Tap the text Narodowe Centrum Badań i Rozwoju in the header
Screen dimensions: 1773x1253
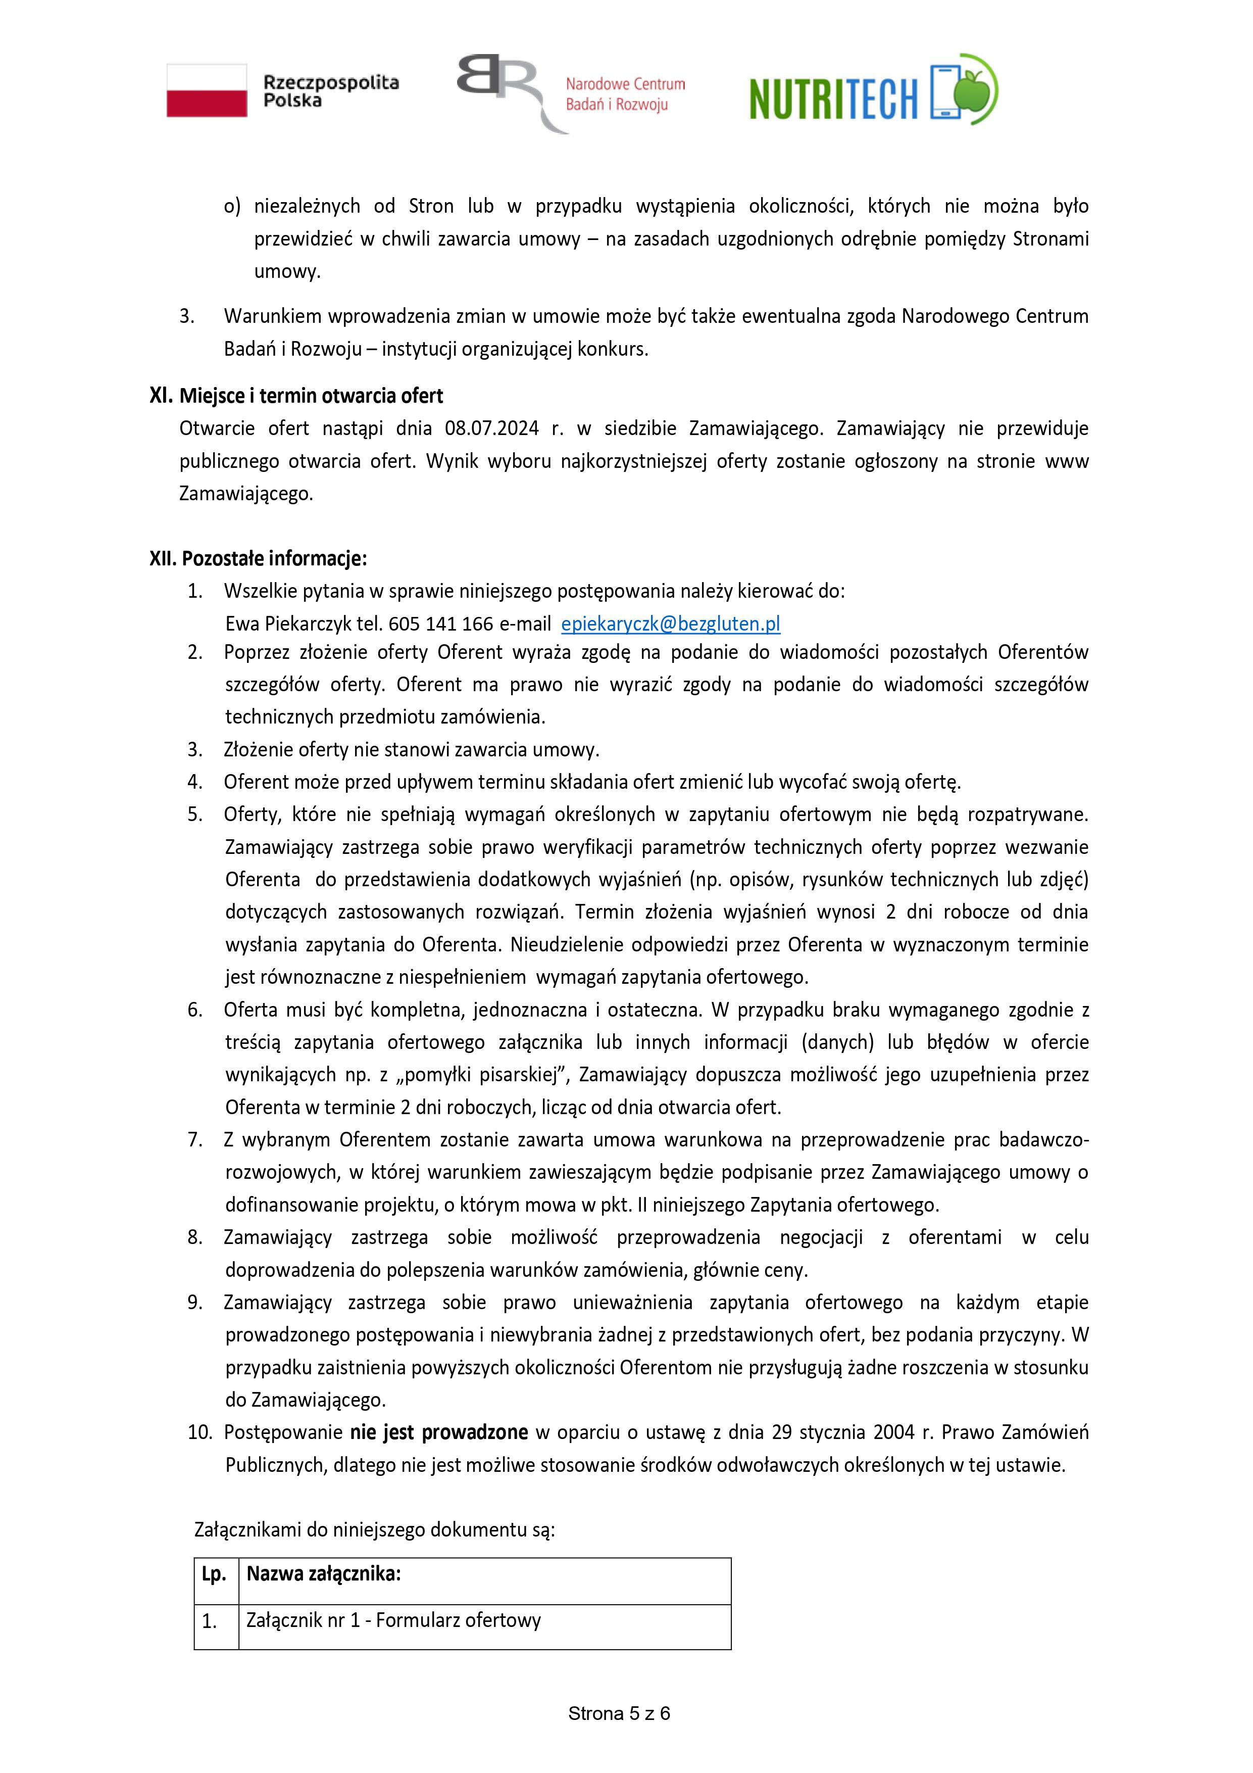click(625, 94)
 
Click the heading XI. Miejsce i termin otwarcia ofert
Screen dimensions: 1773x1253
click(296, 396)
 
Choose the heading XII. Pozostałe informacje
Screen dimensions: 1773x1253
click(258, 558)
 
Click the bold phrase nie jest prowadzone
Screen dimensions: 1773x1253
click(438, 1432)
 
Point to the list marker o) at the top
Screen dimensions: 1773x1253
click(232, 206)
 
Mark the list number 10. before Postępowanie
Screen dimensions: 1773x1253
click(199, 1432)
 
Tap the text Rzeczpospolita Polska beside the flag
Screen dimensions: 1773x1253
click(330, 91)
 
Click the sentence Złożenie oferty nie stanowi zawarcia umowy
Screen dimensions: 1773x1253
click(412, 750)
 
